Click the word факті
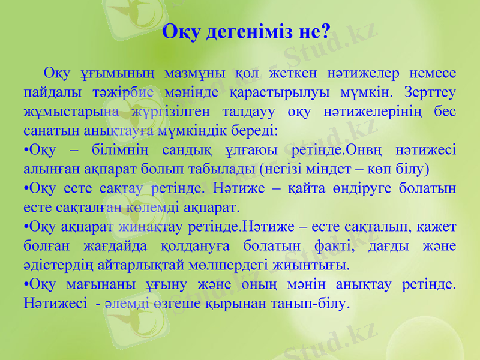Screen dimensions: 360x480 pos(329,245)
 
